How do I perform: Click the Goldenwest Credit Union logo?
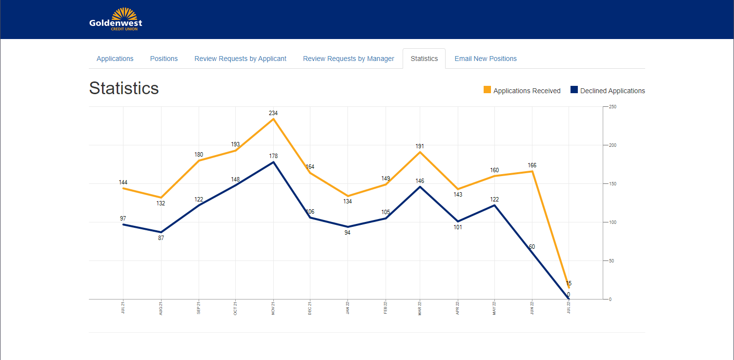(116, 20)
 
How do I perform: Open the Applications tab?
(115, 59)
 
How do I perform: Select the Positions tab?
(164, 59)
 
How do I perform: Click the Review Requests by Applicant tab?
(240, 59)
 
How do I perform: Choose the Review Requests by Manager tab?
(348, 59)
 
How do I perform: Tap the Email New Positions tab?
(486, 59)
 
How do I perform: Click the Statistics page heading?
(124, 88)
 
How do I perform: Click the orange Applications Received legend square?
(487, 90)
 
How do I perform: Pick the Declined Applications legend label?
(612, 91)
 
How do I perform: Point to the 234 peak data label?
(273, 113)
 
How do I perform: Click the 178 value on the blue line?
(273, 156)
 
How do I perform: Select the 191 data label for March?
(420, 146)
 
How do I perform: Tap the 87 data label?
(161, 238)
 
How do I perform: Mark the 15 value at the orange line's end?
(569, 283)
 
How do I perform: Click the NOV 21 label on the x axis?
(273, 308)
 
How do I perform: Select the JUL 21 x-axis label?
(123, 308)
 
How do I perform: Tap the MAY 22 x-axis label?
(495, 308)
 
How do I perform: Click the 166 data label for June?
(532, 165)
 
